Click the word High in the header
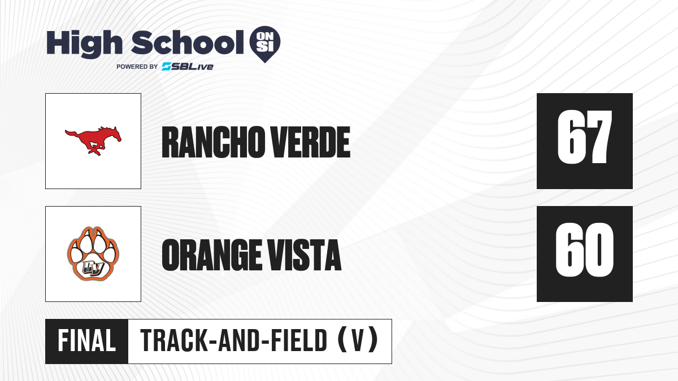(85, 44)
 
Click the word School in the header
(188, 42)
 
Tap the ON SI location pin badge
(265, 44)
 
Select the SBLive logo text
(188, 67)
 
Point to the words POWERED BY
(137, 67)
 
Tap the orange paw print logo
(93, 253)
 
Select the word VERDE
(311, 142)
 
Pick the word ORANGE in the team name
(212, 255)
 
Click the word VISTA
(304, 255)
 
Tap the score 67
(584, 137)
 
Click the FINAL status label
(87, 341)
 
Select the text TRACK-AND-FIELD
(234, 341)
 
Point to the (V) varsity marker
(358, 341)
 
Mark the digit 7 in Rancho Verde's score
(599, 137)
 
